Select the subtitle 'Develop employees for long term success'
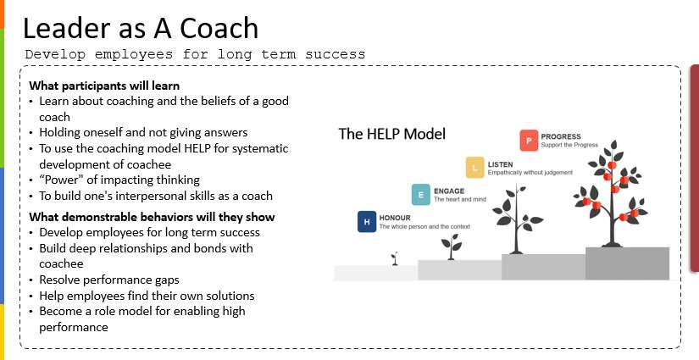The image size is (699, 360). (195, 54)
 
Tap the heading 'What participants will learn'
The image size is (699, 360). (104, 86)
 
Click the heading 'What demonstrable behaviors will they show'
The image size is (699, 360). (152, 217)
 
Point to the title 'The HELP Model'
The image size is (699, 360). (391, 134)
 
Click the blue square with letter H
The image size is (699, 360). (367, 223)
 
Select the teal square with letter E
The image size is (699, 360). (420, 194)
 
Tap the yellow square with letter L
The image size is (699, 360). (475, 167)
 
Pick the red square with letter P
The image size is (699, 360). (530, 140)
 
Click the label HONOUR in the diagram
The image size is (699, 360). (395, 217)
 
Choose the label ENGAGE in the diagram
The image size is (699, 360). (449, 191)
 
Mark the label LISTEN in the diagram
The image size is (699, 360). (501, 163)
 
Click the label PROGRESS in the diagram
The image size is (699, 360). (561, 136)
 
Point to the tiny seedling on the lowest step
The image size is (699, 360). (393, 257)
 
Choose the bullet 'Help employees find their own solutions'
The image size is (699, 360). (146, 295)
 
